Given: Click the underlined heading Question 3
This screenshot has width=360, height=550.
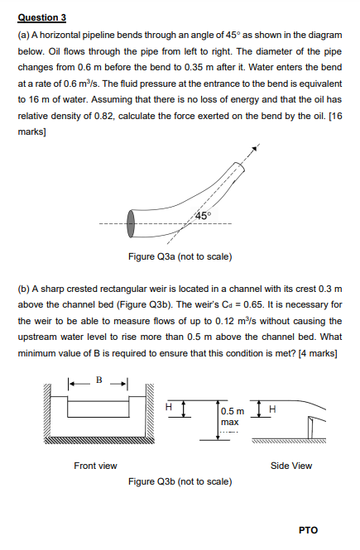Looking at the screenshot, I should pyautogui.click(x=42, y=17).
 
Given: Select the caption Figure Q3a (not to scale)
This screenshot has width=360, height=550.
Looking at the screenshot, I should pyautogui.click(x=180, y=256).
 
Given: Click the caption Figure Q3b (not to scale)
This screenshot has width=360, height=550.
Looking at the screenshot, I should pyautogui.click(x=180, y=481).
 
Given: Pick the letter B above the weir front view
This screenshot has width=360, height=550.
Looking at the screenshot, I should pyautogui.click(x=98, y=382).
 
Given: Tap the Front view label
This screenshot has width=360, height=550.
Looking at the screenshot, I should pyautogui.click(x=95, y=466).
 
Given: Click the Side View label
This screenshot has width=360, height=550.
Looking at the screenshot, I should pyautogui.click(x=291, y=466).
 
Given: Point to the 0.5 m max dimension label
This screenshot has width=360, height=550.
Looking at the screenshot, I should pyautogui.click(x=232, y=416).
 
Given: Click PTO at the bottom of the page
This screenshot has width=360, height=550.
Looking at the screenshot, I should pyautogui.click(x=308, y=530).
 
